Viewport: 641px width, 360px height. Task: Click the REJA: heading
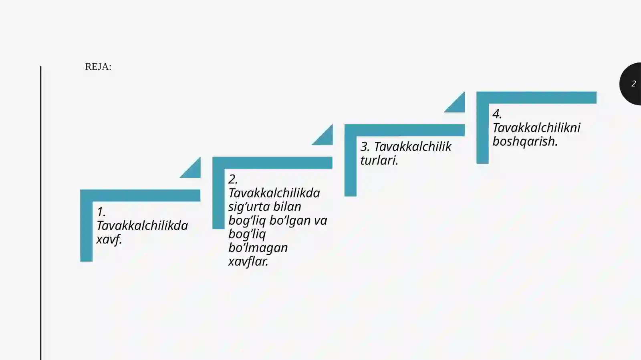pos(98,66)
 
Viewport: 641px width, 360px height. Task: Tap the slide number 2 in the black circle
pos(633,84)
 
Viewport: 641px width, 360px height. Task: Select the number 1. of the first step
pos(101,212)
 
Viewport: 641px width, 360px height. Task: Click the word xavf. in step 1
pos(109,239)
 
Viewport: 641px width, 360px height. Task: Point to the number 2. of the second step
pos(233,179)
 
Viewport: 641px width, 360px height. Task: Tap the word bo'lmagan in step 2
pos(258,248)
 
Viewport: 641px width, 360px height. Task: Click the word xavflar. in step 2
pos(248,261)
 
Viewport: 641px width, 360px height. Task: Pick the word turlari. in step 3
pos(379,161)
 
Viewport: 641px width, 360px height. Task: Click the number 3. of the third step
pos(365,147)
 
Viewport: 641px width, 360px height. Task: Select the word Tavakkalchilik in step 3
pos(413,147)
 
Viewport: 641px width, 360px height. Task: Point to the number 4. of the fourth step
pos(497,114)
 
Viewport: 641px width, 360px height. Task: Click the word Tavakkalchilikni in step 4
pos(536,128)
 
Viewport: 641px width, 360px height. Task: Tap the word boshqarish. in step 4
pos(525,141)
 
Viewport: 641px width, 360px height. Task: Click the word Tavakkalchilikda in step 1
pos(142,226)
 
